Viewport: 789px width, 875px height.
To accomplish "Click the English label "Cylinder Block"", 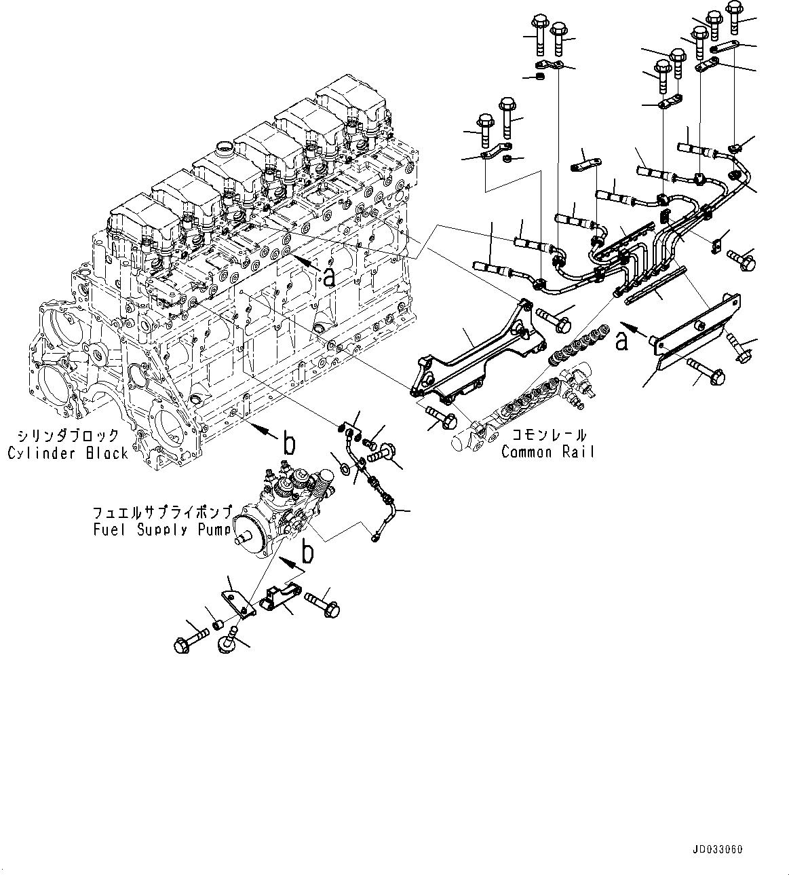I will tap(68, 453).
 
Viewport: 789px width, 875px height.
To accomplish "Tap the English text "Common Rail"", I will tap(547, 452).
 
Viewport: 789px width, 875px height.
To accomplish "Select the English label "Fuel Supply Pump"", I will tap(163, 530).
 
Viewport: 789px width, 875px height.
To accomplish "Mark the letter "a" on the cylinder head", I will tap(328, 276).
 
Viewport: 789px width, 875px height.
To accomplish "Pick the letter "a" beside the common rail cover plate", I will tap(621, 341).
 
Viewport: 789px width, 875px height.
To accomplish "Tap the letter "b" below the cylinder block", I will tap(289, 443).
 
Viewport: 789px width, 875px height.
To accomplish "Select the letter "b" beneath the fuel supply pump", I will tap(307, 553).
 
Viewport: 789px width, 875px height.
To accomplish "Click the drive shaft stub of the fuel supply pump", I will tap(242, 533).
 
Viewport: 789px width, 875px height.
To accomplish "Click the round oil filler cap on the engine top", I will tap(223, 148).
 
